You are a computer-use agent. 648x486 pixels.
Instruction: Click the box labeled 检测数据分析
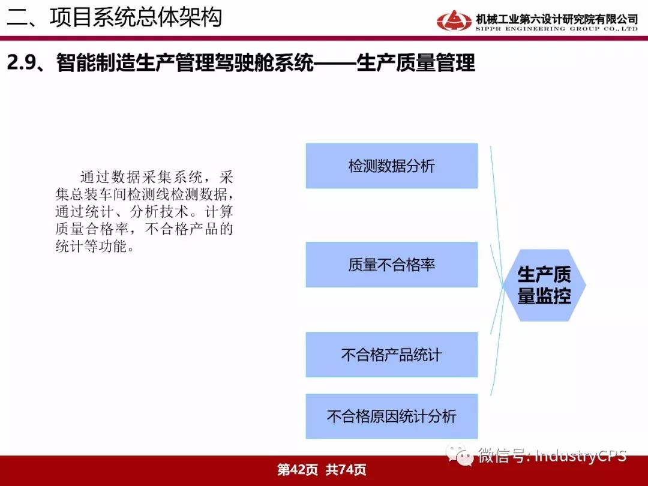pyautogui.click(x=392, y=166)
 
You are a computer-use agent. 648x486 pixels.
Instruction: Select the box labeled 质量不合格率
pyautogui.click(x=392, y=265)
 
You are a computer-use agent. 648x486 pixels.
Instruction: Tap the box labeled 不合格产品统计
pyautogui.click(x=392, y=355)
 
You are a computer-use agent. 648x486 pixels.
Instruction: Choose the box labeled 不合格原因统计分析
pyautogui.click(x=392, y=416)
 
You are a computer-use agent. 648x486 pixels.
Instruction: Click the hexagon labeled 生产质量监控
pyautogui.click(x=544, y=285)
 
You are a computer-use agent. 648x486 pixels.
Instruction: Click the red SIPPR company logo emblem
pyautogui.click(x=454, y=20)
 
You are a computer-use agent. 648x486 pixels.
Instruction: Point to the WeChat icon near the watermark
pyautogui.click(x=460, y=455)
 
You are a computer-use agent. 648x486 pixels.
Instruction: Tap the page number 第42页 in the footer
pyautogui.click(x=298, y=469)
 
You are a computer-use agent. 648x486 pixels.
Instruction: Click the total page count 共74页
pyautogui.click(x=346, y=469)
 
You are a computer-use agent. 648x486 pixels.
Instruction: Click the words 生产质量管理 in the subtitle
pyautogui.click(x=415, y=63)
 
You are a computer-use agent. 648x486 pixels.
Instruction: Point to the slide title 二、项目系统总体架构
pyautogui.click(x=115, y=17)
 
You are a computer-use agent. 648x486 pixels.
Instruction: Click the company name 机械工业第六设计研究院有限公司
pyautogui.click(x=557, y=19)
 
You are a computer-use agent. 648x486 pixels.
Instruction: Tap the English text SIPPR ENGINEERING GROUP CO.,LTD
pyautogui.click(x=557, y=29)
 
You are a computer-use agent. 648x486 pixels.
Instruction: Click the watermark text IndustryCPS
pyautogui.click(x=581, y=456)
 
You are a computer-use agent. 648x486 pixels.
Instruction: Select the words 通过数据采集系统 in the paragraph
pyautogui.click(x=142, y=177)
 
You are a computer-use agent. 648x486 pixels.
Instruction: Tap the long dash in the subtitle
pyautogui.click(x=335, y=63)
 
